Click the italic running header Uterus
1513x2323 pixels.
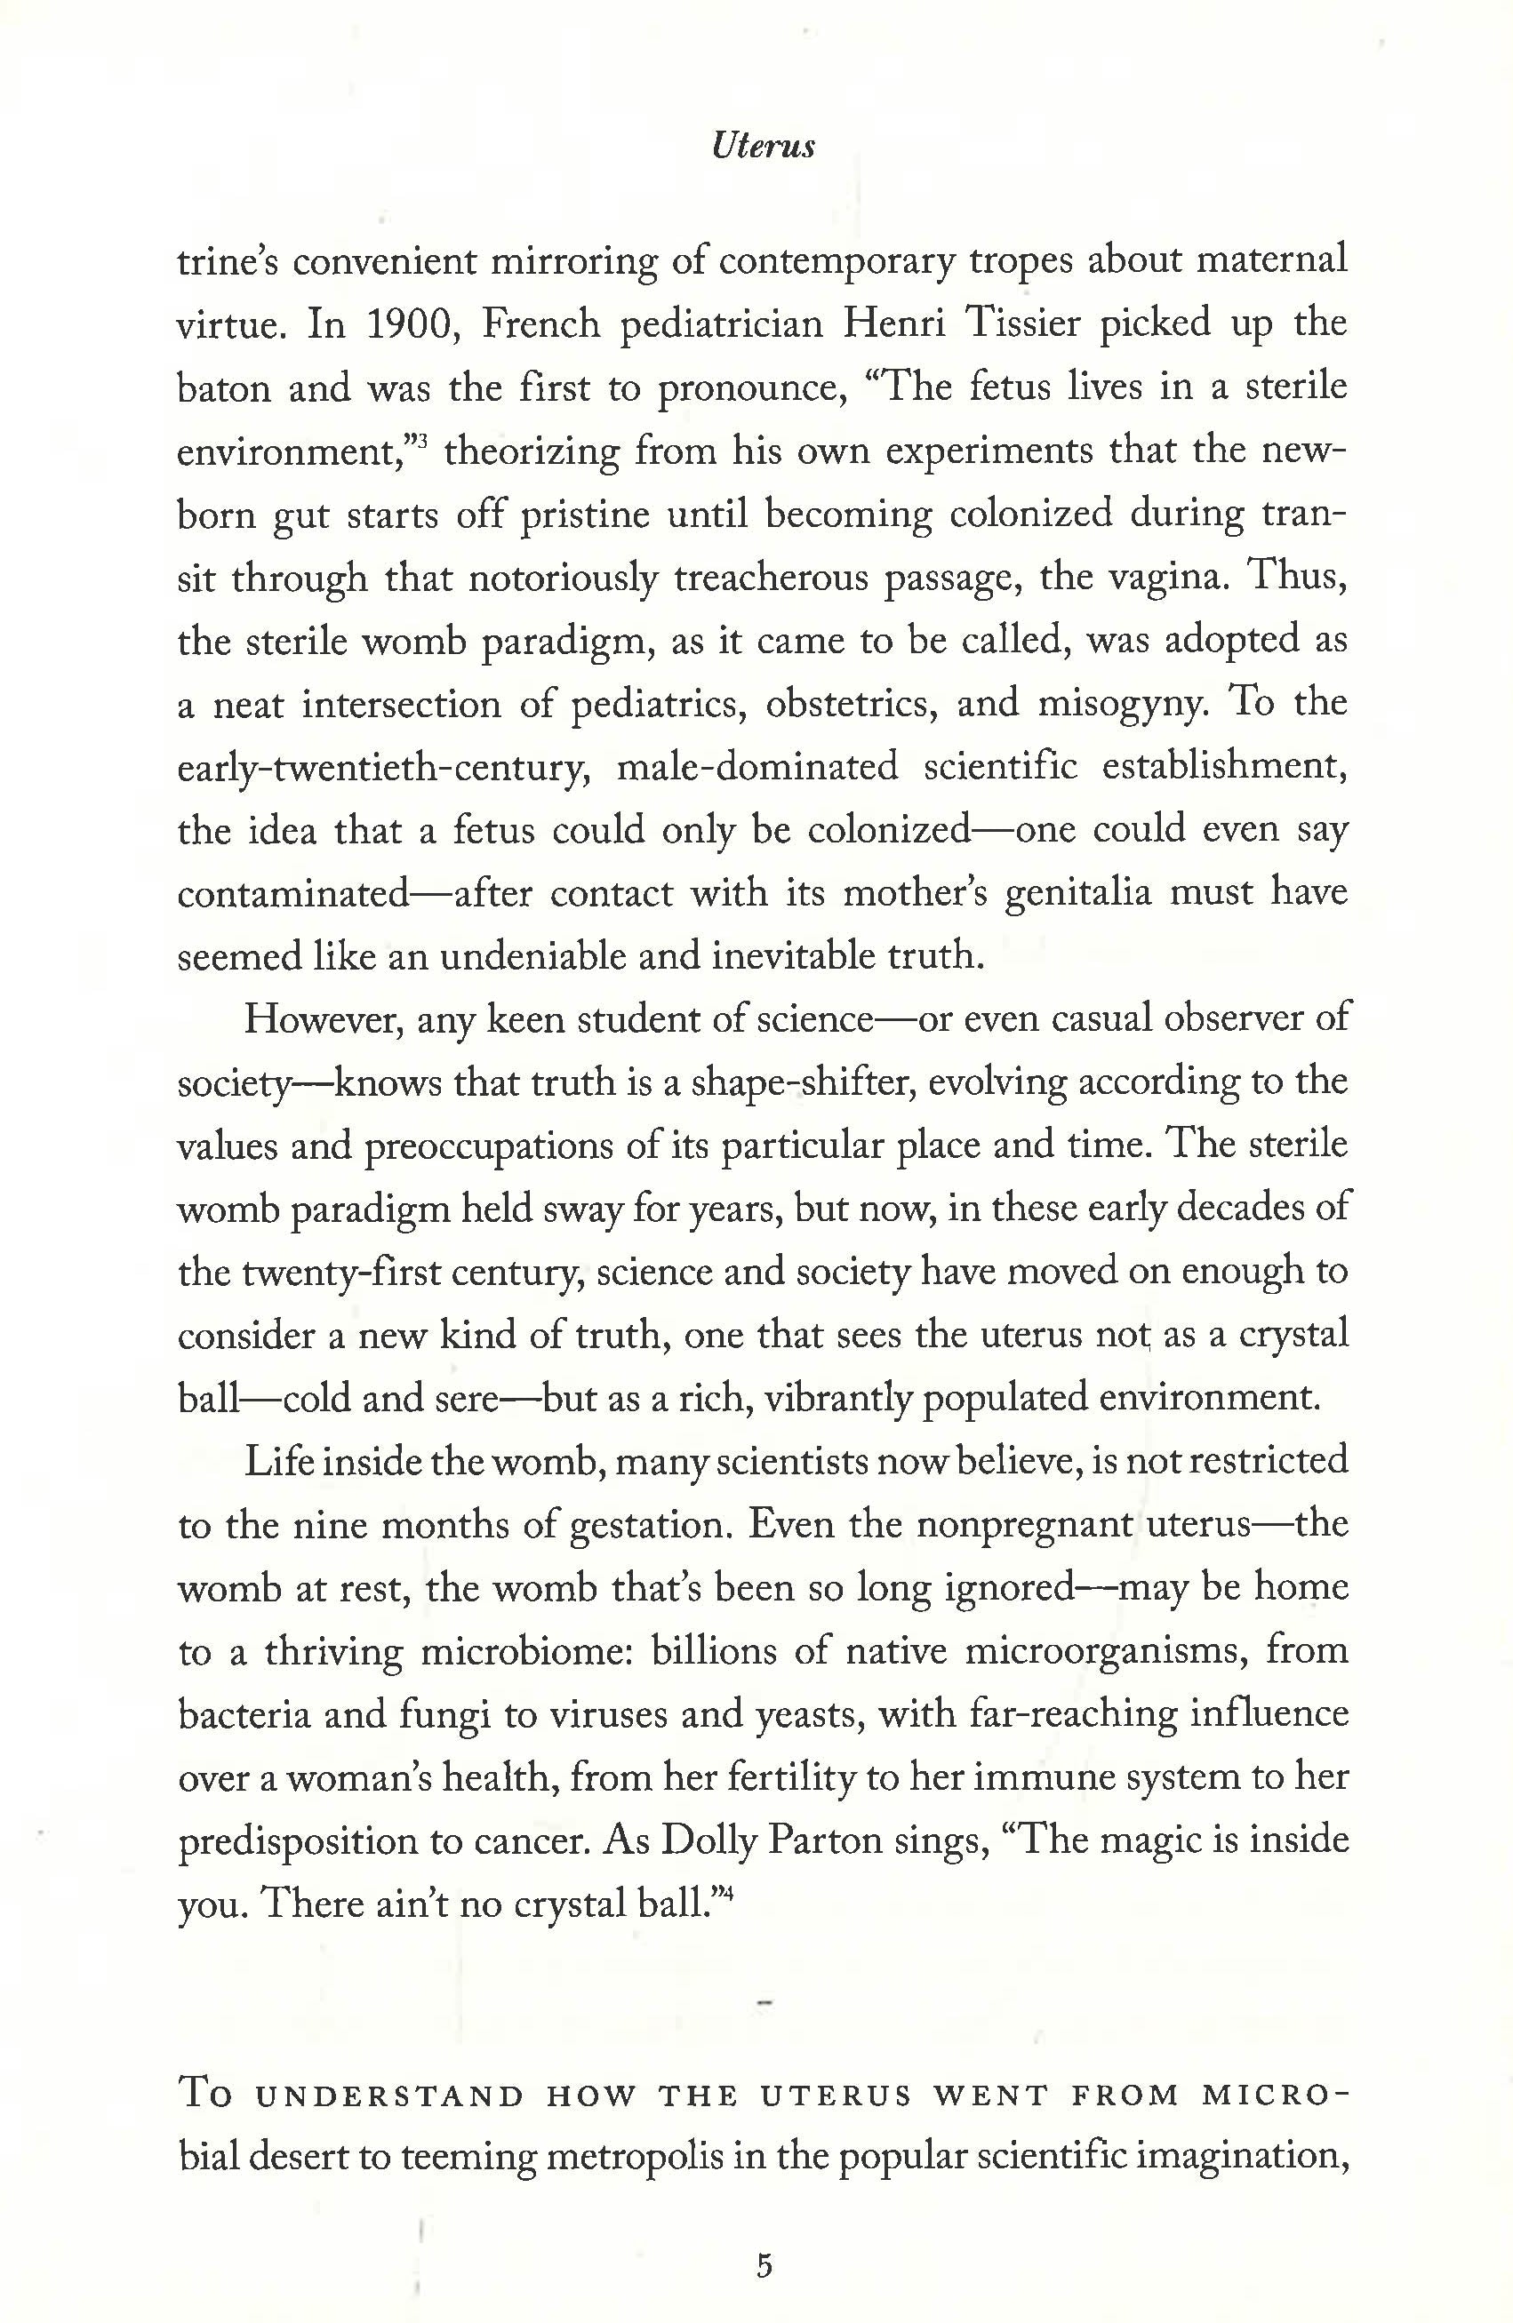click(764, 147)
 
